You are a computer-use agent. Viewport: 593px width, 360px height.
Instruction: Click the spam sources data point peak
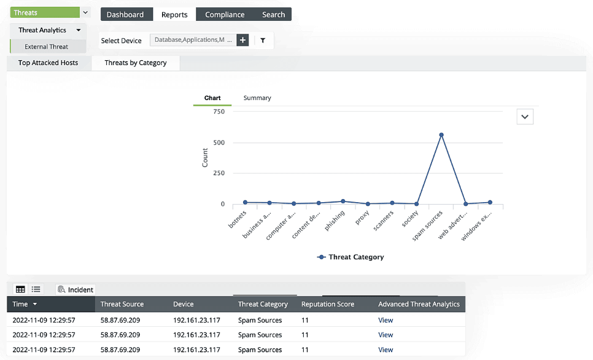441,135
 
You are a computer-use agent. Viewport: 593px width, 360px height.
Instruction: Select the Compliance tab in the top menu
225,15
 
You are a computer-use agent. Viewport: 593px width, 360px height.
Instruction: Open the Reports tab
174,15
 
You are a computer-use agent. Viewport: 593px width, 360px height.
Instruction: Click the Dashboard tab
125,15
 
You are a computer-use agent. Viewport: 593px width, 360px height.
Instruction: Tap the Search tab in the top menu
273,15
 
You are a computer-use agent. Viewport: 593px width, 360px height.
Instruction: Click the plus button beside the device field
242,40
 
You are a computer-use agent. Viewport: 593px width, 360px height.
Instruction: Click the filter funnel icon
263,40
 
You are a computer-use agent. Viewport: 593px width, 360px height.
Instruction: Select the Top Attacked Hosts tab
48,63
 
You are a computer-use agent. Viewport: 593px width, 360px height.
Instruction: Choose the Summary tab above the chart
257,98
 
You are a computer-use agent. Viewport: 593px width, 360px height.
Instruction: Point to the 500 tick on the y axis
218,143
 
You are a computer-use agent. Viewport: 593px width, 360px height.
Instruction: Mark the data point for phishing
343,201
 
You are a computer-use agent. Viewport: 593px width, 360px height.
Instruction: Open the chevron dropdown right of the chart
525,117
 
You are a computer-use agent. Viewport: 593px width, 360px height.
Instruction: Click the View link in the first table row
386,320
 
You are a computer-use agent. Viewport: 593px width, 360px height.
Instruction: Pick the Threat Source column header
122,304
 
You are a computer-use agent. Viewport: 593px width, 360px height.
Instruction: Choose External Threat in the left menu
46,47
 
